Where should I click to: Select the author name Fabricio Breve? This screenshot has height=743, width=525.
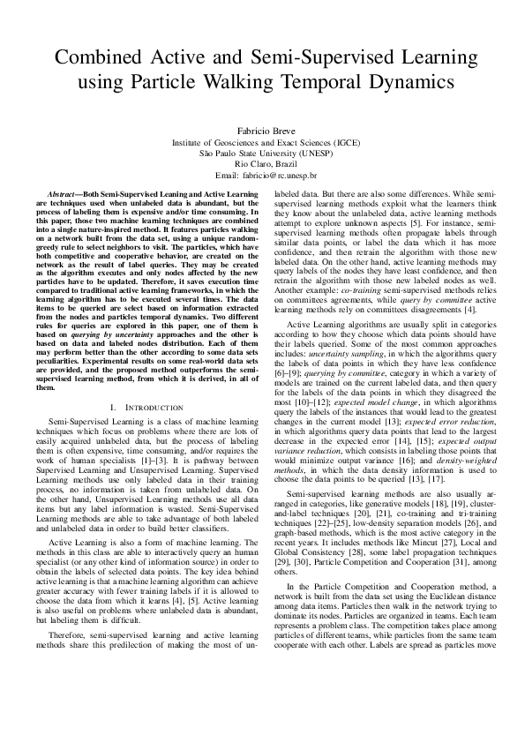tap(262, 131)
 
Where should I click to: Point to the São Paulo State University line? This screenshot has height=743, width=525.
tap(262, 152)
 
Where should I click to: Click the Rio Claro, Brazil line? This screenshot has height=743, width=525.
tap(262, 163)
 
